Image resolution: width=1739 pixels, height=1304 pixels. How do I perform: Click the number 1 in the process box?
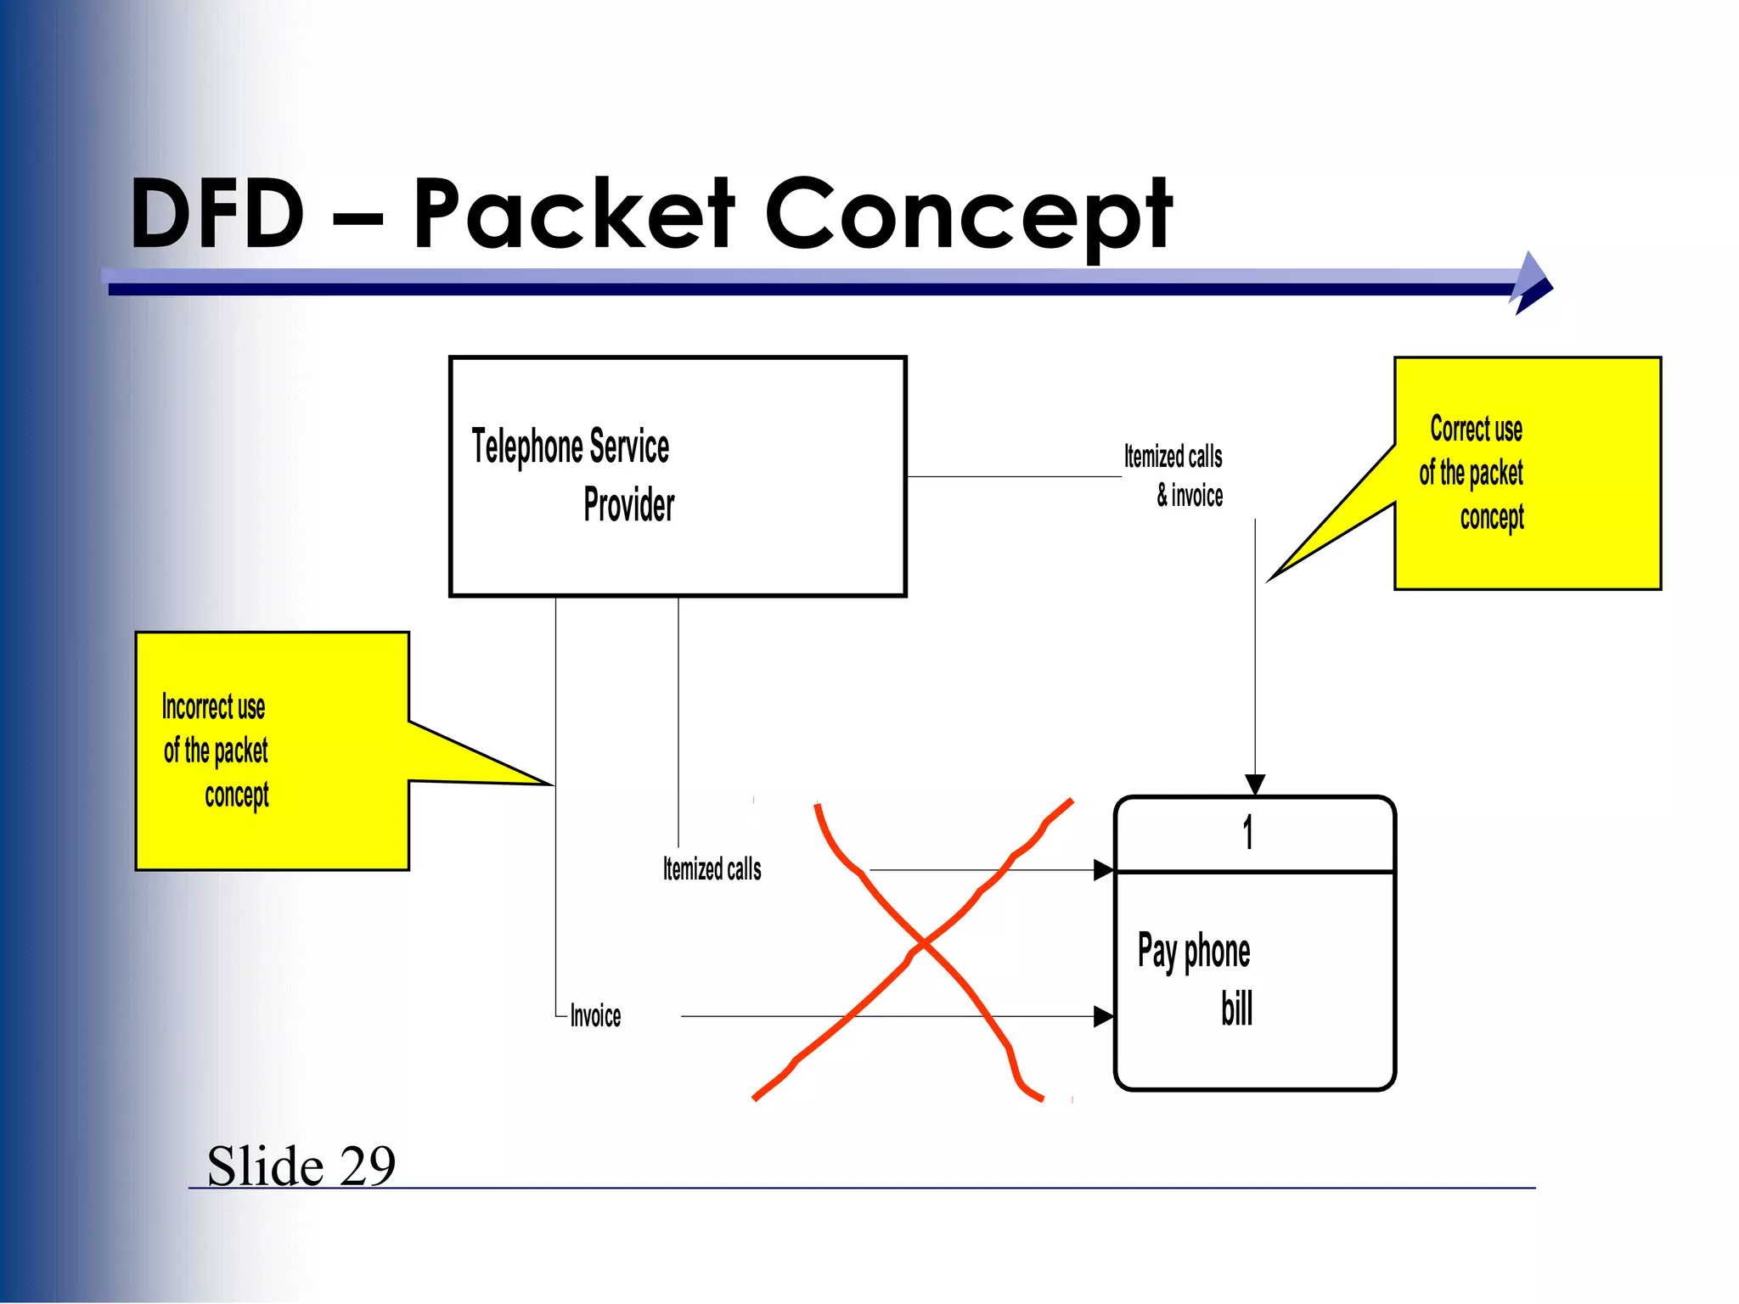tap(1247, 833)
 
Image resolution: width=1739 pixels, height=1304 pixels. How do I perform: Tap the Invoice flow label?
tap(595, 1016)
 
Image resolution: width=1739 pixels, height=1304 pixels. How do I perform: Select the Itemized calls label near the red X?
tap(712, 869)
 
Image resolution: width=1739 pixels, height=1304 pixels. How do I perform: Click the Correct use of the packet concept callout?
tap(1527, 473)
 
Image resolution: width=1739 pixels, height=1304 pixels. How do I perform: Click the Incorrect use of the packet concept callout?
tap(272, 751)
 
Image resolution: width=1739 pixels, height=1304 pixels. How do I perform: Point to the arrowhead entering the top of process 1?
tap(1255, 785)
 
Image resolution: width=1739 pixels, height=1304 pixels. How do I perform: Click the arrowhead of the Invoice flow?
tap(1104, 1016)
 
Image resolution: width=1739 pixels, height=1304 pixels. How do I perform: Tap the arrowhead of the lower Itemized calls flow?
tap(1104, 870)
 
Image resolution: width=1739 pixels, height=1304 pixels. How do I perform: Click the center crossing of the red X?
tap(924, 943)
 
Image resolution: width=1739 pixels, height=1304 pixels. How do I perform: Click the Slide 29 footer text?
tap(301, 1166)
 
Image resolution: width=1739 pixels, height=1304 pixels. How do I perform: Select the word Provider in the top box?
tap(629, 506)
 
